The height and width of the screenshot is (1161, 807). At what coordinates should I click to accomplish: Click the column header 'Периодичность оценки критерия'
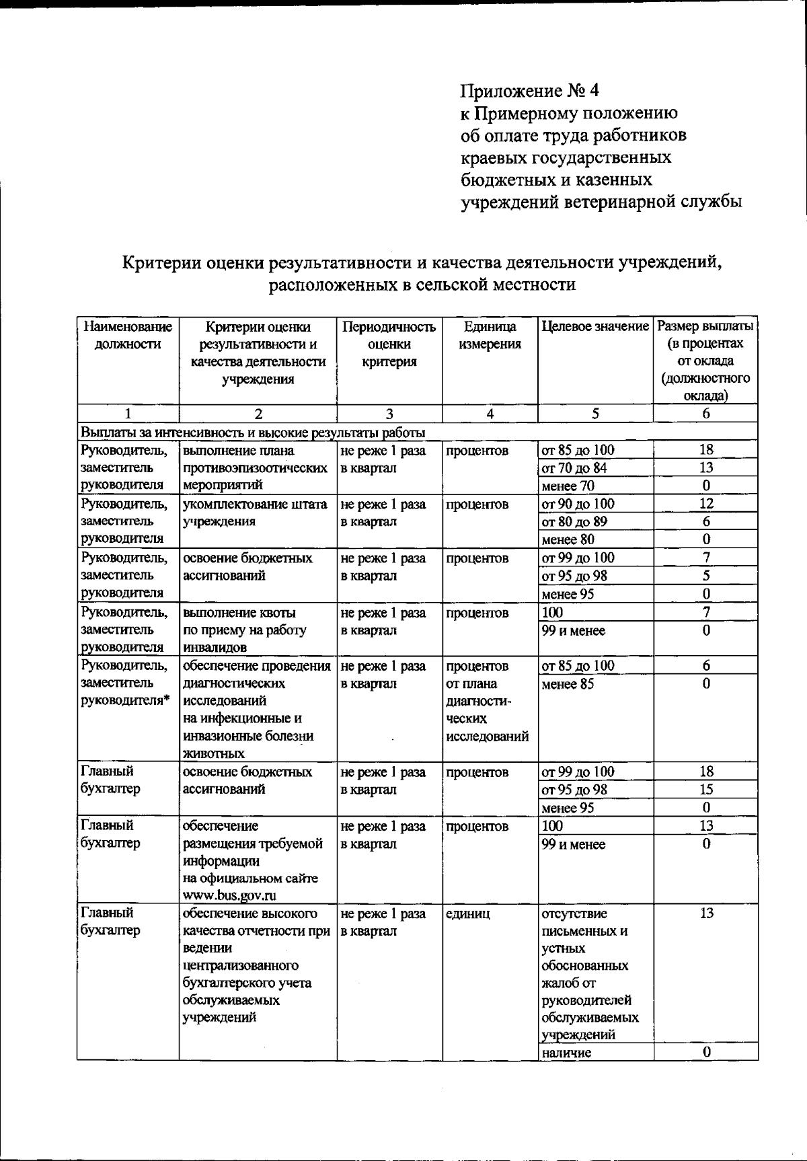click(x=389, y=344)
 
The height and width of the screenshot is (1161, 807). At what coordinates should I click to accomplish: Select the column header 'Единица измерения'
click(x=490, y=336)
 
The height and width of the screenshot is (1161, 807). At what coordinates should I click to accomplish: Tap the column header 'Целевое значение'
click(x=595, y=327)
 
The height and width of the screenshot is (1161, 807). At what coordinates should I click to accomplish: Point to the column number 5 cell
click(x=595, y=414)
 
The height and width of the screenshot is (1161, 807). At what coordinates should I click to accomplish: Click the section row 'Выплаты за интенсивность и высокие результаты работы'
click(x=252, y=432)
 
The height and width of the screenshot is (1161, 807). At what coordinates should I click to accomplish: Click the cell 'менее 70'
click(x=568, y=486)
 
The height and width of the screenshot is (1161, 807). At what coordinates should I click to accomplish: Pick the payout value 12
click(x=706, y=503)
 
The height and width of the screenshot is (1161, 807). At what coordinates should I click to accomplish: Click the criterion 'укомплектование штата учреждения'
click(x=255, y=513)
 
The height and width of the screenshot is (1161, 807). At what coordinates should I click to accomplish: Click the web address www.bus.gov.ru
click(x=229, y=895)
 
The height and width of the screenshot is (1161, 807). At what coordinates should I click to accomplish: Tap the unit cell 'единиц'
click(x=467, y=913)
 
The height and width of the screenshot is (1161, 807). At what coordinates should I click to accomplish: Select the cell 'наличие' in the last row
click(x=566, y=1053)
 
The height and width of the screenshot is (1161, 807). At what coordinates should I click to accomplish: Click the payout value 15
click(x=706, y=790)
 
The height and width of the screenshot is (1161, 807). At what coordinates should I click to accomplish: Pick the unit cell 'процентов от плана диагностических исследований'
click(x=486, y=701)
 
